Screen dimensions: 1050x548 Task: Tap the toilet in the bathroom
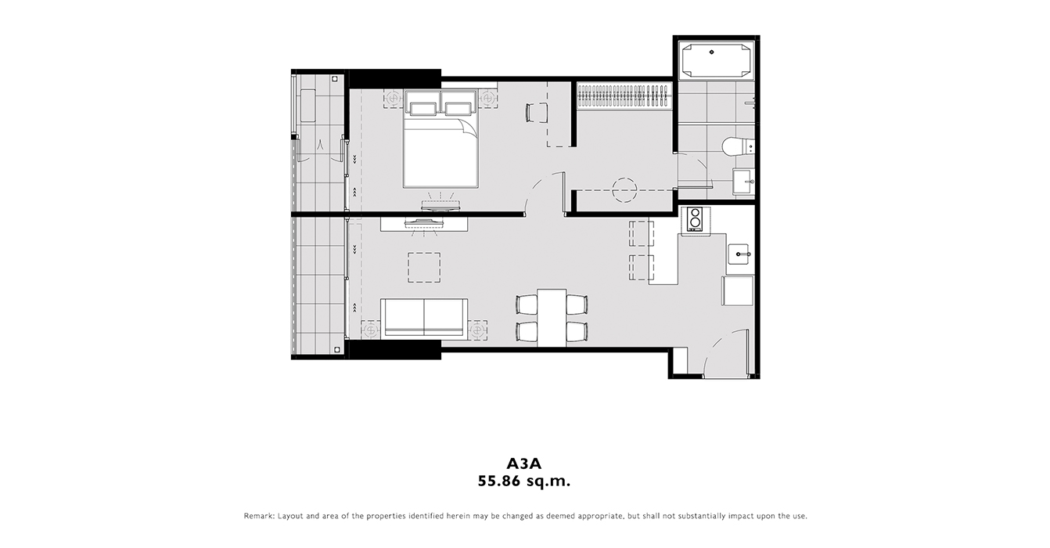coord(738,146)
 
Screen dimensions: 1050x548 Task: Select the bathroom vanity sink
coord(743,182)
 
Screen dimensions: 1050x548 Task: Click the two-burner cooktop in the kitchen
coord(695,219)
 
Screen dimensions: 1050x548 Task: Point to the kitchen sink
coord(739,254)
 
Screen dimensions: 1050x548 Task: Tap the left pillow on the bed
coord(423,108)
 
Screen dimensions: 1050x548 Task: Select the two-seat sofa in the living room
coord(424,318)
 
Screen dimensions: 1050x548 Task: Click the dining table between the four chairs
coord(552,318)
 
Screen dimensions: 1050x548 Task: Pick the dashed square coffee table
coord(424,268)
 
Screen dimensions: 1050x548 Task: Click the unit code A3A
coord(523,463)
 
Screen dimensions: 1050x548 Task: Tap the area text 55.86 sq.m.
coord(523,481)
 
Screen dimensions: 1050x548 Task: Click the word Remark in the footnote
coord(259,516)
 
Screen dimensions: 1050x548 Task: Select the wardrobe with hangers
coord(624,96)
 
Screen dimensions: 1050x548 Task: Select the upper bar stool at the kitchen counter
coord(641,233)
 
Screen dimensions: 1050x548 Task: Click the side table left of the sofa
coord(371,330)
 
